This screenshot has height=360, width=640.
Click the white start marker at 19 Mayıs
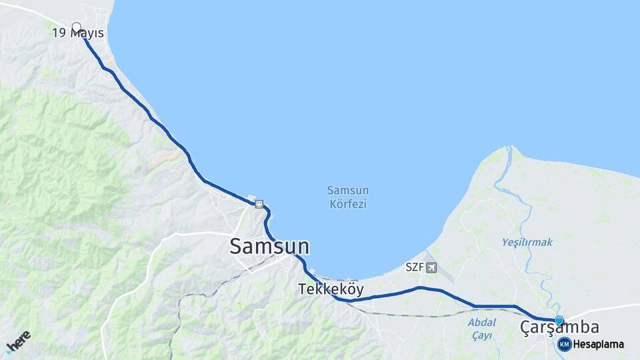[x=76, y=27]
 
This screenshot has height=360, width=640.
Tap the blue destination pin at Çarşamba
[x=559, y=321]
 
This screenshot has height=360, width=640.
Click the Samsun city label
[x=269, y=246]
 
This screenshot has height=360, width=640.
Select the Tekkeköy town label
[x=331, y=289]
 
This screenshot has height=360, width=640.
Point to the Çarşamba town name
[x=559, y=328]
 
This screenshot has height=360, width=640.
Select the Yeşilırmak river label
[x=527, y=243]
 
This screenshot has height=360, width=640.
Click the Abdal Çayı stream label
[x=480, y=329]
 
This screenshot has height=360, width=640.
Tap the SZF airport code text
[x=414, y=268]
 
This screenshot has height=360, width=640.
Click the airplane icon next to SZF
[x=431, y=268]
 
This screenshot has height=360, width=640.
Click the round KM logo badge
[x=565, y=344]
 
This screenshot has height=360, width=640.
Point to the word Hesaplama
[x=599, y=345]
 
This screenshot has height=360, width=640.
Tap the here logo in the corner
[x=18, y=341]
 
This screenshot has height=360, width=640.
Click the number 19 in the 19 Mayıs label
[x=59, y=33]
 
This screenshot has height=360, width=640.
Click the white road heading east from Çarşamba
[x=607, y=309]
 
